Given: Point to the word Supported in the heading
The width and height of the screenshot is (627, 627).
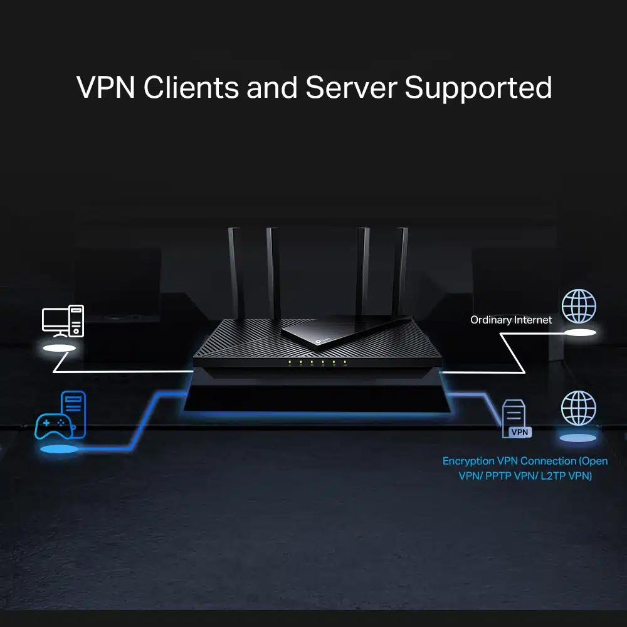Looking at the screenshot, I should pos(478,87).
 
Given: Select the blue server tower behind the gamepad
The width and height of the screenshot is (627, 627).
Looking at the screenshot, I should pos(73,411).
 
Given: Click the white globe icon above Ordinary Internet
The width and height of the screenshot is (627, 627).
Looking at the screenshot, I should pos(578,306).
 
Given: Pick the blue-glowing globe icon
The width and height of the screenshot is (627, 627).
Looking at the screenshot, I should pos(578,408).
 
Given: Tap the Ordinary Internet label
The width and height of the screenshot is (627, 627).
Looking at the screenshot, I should pos(511,320).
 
